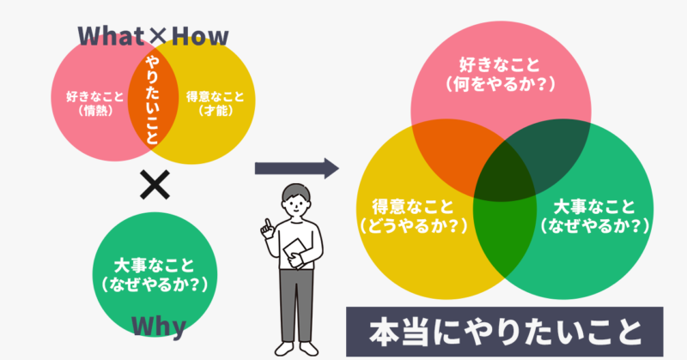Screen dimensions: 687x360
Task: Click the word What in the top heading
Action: click(112, 36)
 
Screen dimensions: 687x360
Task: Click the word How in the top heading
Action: click(200, 36)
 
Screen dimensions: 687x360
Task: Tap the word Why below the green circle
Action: click(159, 327)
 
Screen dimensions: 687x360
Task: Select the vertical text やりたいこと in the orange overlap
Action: click(153, 101)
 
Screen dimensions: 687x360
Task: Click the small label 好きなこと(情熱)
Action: click(95, 103)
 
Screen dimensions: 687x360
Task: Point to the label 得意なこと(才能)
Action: click(216, 103)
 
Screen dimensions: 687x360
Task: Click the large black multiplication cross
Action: click(155, 185)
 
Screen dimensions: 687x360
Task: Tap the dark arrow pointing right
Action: click(297, 168)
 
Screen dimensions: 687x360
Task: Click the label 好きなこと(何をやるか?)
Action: click(500, 74)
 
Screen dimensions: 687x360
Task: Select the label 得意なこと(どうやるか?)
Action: click(413, 216)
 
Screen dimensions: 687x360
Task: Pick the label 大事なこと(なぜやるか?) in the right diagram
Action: click(594, 216)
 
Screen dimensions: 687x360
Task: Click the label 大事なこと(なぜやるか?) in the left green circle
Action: click(155, 275)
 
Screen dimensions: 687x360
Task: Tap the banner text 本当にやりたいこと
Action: click(505, 332)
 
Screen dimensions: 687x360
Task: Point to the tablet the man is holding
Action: click(295, 251)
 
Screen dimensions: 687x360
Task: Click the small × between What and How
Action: click(158, 37)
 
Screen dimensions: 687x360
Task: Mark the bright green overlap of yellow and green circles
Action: click(505, 237)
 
